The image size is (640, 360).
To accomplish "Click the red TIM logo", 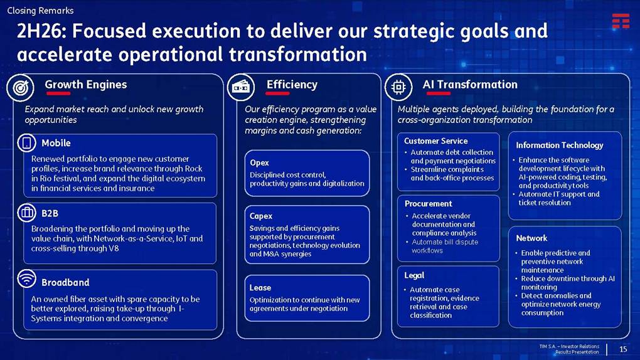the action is tap(621, 21).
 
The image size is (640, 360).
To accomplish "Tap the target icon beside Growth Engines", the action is tap(21, 87).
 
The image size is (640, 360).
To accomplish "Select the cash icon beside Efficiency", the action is tap(241, 87).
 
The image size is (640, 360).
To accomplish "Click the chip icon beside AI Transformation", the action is tap(398, 87).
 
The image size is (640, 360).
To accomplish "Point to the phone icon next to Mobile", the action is tap(26, 143).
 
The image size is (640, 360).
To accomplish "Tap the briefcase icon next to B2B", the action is tap(26, 213).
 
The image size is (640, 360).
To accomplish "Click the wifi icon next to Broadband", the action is tap(26, 279).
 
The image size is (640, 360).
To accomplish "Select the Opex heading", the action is tap(259, 162).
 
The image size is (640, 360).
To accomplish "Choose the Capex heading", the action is tap(261, 216).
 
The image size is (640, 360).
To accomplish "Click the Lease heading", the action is tap(260, 288).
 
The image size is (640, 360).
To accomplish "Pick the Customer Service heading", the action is tap(436, 141).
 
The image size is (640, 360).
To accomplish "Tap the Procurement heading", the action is tap(428, 204).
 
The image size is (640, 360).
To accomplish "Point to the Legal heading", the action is tap(414, 275).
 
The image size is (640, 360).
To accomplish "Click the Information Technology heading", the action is tap(560, 146).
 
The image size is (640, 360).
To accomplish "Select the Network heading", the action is tap(531, 238).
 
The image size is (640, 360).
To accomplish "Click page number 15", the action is tap(623, 349).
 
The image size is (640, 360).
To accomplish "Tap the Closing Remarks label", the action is tap(40, 11).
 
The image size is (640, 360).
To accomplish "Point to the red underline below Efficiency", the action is tap(277, 93).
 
